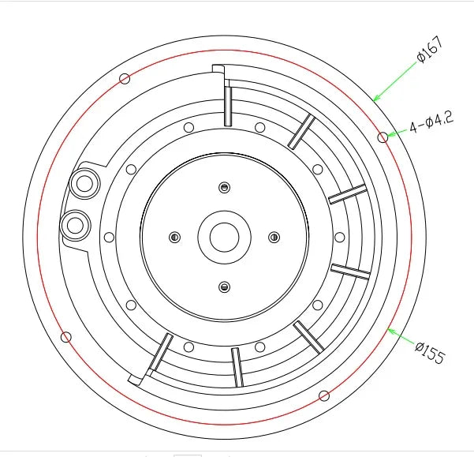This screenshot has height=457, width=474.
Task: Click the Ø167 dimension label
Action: point(431,50)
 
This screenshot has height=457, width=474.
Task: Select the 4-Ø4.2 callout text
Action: point(431,122)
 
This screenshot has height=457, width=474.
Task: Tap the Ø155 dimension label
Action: point(430,352)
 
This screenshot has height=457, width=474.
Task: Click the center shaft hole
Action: point(224,238)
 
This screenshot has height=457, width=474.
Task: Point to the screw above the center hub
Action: point(224,188)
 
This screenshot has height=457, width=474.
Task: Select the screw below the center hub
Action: point(224,287)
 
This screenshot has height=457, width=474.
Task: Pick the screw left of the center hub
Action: point(175,237)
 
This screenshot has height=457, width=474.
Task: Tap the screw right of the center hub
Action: point(274,237)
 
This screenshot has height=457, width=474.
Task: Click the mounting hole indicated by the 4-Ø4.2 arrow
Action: point(383,137)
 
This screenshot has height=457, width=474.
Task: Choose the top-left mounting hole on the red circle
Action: point(125,79)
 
